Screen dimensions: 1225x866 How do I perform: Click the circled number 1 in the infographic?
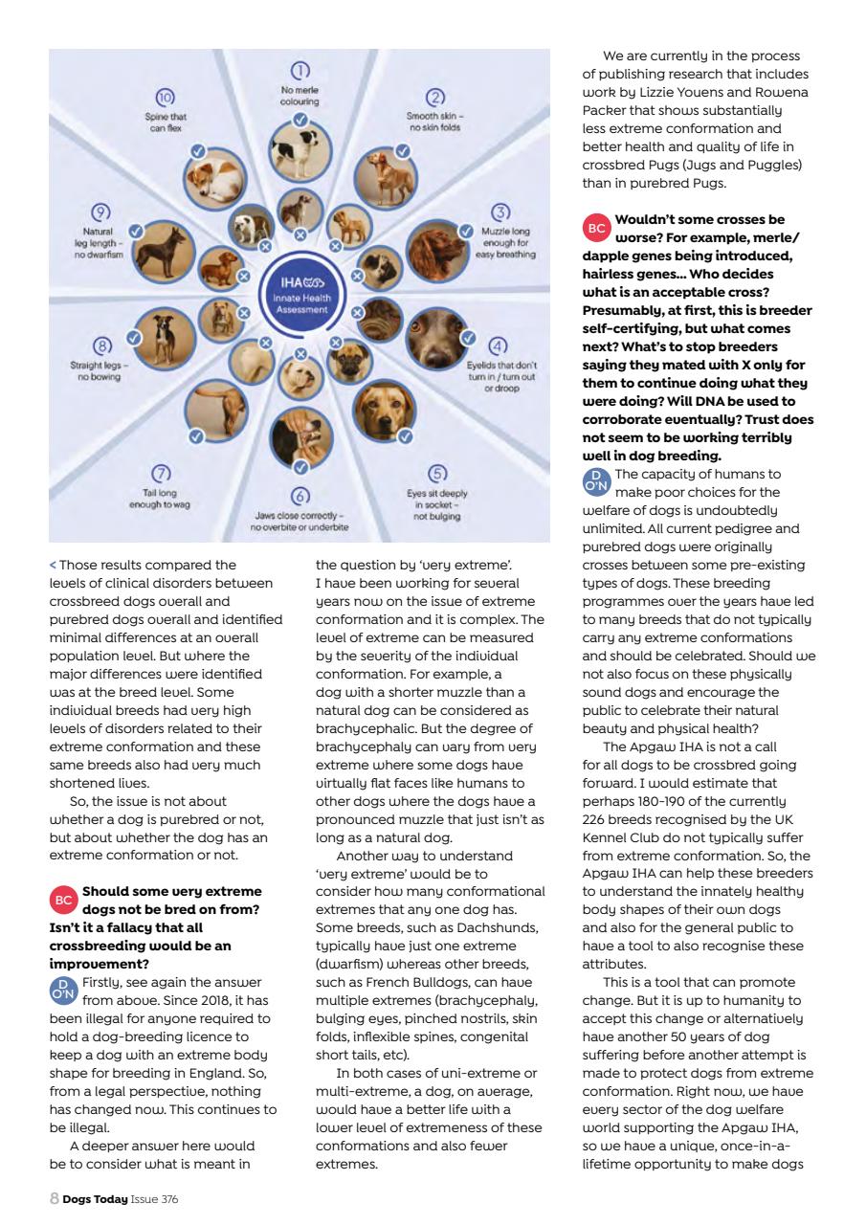click(300, 71)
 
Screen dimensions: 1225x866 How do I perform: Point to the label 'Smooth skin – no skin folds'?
click(434, 122)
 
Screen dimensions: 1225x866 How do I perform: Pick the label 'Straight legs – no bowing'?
click(102, 370)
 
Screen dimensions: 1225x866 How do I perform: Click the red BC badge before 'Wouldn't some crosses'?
click(596, 228)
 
